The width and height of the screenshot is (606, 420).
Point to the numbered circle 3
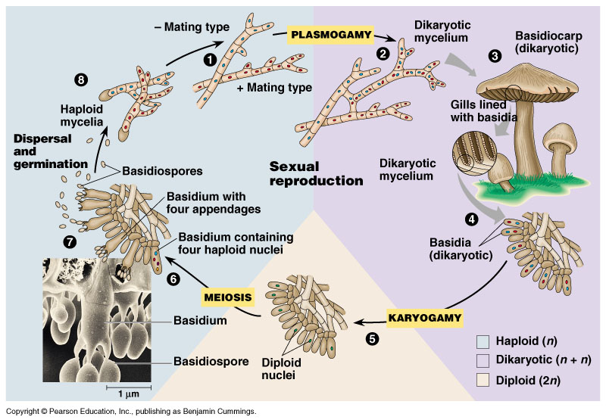tap(495, 55)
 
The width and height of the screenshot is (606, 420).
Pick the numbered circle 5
tap(372, 338)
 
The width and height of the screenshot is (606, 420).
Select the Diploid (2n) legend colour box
tap(486, 378)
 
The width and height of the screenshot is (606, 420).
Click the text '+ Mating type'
tap(274, 88)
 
